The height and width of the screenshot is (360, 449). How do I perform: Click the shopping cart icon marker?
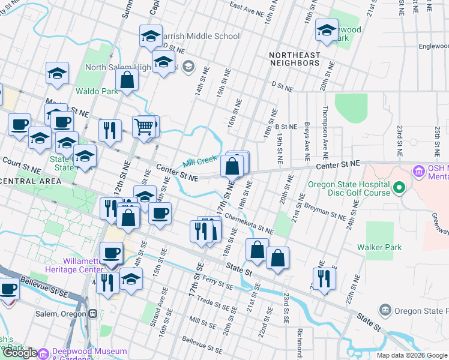143,128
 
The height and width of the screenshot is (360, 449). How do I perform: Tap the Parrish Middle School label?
200,36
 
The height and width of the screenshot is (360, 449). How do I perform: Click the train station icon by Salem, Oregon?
93,314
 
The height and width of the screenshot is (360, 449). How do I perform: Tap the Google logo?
19,353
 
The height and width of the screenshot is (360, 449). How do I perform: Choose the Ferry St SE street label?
217,280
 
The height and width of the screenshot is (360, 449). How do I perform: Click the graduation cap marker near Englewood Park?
327,32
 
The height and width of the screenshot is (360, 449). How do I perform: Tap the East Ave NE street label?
246,7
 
